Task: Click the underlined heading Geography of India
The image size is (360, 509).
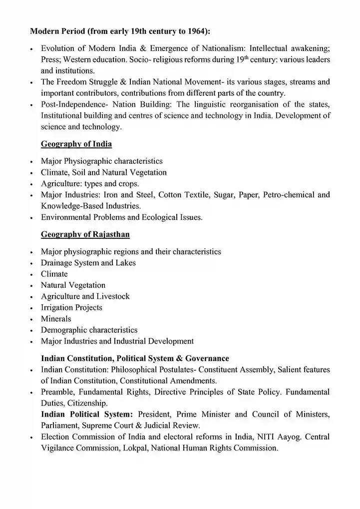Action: [76, 144]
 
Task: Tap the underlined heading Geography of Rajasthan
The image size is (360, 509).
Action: [85, 234]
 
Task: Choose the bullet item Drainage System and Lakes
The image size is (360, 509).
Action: [88, 263]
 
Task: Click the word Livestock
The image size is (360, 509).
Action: [113, 296]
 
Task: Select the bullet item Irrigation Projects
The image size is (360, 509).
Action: [71, 307]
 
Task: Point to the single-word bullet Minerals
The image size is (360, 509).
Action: [56, 319]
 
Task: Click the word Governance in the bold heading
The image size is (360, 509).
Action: [207, 358]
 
